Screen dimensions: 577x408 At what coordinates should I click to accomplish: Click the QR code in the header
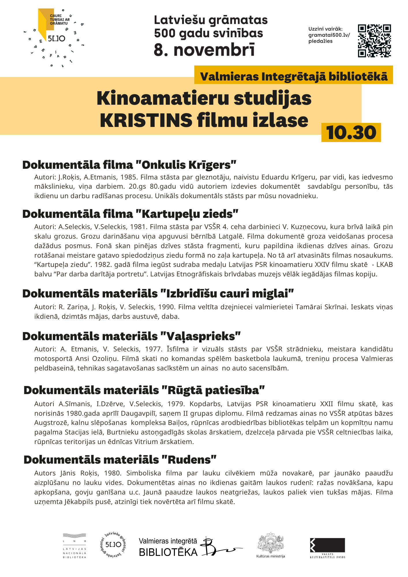pyautogui.click(x=374, y=41)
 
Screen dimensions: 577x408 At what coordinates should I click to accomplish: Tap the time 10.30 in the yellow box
pyautogui.click(x=351, y=133)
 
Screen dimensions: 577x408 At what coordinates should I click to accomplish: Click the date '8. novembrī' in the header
pyautogui.click(x=204, y=50)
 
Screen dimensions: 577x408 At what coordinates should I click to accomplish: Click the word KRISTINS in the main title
pyautogui.click(x=146, y=120)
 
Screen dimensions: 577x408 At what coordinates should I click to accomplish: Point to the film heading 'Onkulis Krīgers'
pyautogui.click(x=129, y=165)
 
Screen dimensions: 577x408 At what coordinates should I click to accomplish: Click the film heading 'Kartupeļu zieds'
pyautogui.click(x=130, y=214)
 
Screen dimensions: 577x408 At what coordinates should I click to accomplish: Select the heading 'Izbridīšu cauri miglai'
pyautogui.click(x=158, y=293)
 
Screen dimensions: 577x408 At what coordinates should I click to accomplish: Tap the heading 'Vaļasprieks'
pyautogui.click(x=132, y=336)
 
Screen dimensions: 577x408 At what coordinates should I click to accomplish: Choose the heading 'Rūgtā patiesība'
pyautogui.click(x=144, y=390)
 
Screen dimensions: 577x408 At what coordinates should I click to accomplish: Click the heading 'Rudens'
pyautogui.click(x=120, y=460)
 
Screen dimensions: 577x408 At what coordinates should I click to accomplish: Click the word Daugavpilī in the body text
pyautogui.click(x=137, y=413)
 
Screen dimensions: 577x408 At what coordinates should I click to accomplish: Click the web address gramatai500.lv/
pyautogui.click(x=329, y=35)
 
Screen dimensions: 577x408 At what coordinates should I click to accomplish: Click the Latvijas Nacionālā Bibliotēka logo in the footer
pyautogui.click(x=74, y=546)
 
